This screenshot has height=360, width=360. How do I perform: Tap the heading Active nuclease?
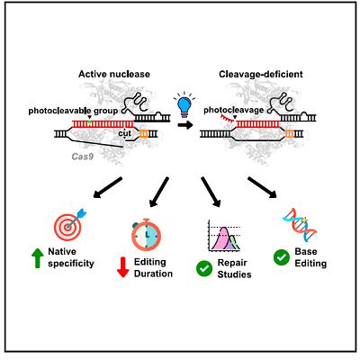pyautogui.click(x=114, y=74)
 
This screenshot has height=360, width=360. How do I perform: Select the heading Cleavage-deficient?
pyautogui.click(x=261, y=74)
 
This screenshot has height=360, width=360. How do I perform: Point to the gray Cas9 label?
pyautogui.click(x=82, y=157)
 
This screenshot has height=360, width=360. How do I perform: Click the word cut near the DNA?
pyautogui.click(x=125, y=133)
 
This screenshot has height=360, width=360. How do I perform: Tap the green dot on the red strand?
pyautogui.click(x=89, y=122)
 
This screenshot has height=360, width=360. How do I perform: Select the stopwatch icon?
pyautogui.click(x=146, y=234)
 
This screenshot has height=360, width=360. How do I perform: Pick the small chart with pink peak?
pyautogui.click(x=224, y=236)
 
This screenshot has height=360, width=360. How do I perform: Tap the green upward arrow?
pyautogui.click(x=37, y=257)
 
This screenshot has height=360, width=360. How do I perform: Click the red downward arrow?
pyautogui.click(x=122, y=267)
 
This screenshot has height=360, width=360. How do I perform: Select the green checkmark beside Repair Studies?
pyautogui.click(x=204, y=268)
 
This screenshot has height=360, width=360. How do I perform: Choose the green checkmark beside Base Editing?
pyautogui.click(x=282, y=257)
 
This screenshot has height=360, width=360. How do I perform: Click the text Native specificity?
pyautogui.click(x=71, y=257)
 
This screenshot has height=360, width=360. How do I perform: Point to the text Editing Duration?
pyautogui.click(x=153, y=267)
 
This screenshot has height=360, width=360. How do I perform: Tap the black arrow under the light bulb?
pyautogui.click(x=185, y=125)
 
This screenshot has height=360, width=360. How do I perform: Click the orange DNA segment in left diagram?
pyautogui.click(x=143, y=134)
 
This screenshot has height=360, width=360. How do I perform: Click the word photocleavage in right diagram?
pyautogui.click(x=234, y=110)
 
